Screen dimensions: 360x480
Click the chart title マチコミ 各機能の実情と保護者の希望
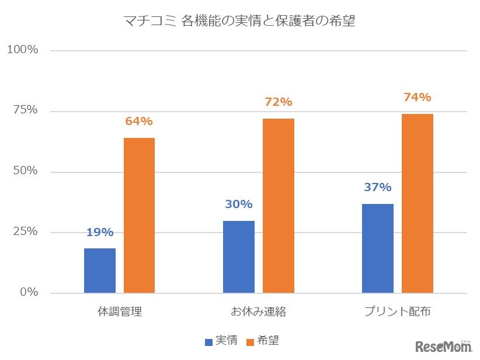point(239,22)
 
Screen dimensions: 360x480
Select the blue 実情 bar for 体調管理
point(100,271)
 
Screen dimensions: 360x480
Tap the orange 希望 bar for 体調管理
point(139,215)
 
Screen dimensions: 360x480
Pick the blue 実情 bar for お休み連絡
point(239,257)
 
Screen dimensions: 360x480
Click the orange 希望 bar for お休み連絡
point(278,206)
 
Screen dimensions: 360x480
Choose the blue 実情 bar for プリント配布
point(378,248)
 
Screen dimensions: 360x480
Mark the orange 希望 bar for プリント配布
point(417,203)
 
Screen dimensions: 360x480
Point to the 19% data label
point(100,232)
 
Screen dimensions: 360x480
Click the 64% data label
point(139,122)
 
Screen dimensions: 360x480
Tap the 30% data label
point(239,204)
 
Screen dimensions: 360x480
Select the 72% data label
point(278,102)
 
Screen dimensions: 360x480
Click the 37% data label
point(378,187)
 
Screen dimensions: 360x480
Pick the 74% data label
point(417,97)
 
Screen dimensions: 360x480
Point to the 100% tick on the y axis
point(23,50)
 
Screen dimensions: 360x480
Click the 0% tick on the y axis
point(29,292)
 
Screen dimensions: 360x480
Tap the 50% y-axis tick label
point(26,171)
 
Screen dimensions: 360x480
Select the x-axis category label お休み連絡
point(258,311)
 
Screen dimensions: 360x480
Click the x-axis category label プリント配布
point(397,311)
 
